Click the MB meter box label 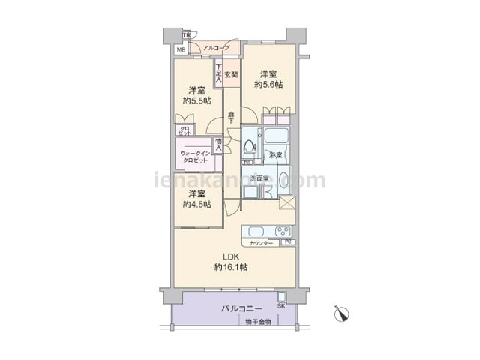point(180,50)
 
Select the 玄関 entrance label point(231,74)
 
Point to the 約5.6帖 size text point(268,85)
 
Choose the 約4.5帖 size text point(196,204)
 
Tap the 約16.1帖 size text point(231,267)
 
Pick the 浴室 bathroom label point(275,156)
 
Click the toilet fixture point(250,145)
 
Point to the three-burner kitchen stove point(283,231)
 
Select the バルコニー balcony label point(241,308)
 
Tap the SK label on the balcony point(282,305)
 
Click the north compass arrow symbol point(343,313)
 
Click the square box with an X point(286,203)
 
